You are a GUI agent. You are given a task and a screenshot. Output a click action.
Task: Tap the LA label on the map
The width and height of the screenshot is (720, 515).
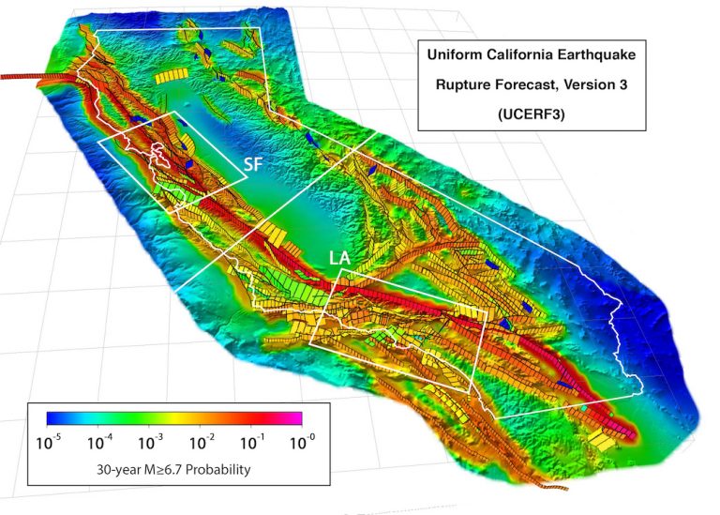click(x=340, y=256)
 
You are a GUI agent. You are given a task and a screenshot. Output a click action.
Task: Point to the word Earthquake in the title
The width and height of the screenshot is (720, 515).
click(x=600, y=56)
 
